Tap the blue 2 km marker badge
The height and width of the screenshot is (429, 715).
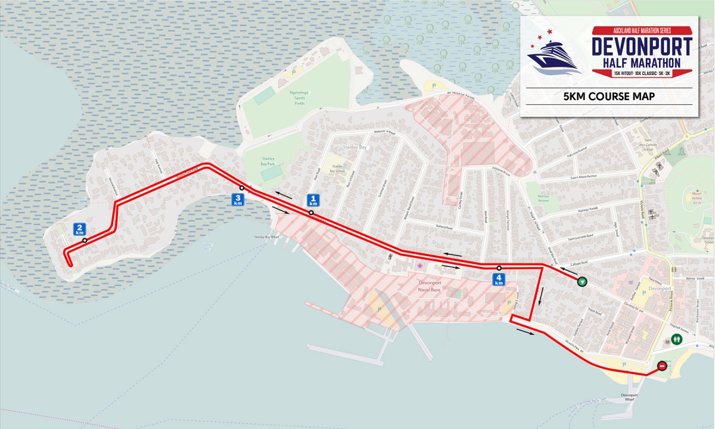79,229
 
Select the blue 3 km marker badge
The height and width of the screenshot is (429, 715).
238,200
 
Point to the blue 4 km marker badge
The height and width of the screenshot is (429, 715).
499,279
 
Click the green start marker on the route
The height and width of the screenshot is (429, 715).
583,282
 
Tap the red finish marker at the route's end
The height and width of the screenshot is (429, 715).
662,366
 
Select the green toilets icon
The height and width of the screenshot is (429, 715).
677,339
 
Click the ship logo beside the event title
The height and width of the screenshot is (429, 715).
554,55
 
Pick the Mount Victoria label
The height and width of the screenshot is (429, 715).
697,197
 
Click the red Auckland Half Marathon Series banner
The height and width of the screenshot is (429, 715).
642,30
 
